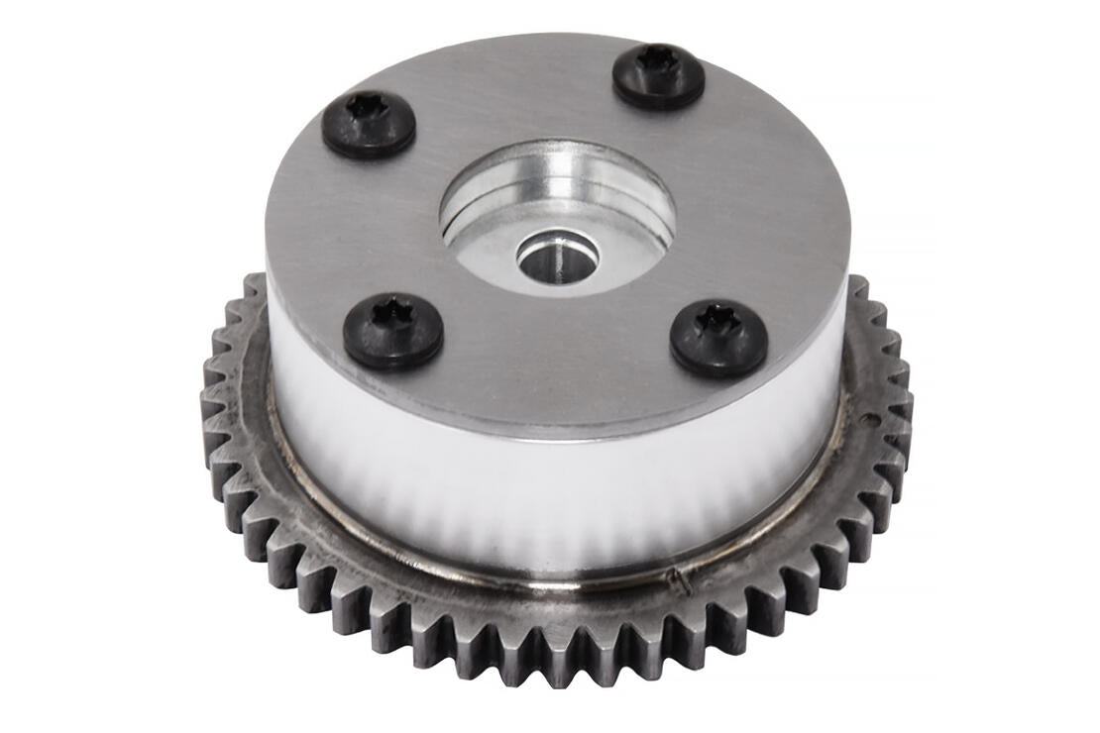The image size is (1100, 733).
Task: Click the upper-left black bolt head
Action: tap(369, 126)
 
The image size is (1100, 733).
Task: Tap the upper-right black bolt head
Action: tap(658, 75)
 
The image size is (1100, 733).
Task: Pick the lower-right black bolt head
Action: tap(718, 338)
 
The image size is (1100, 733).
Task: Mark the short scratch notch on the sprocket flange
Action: tap(681, 583)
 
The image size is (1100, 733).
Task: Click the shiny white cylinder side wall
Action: tap(555, 495)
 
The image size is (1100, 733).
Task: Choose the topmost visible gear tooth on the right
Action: tap(855, 286)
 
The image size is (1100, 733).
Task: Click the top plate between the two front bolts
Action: tap(555, 357)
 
